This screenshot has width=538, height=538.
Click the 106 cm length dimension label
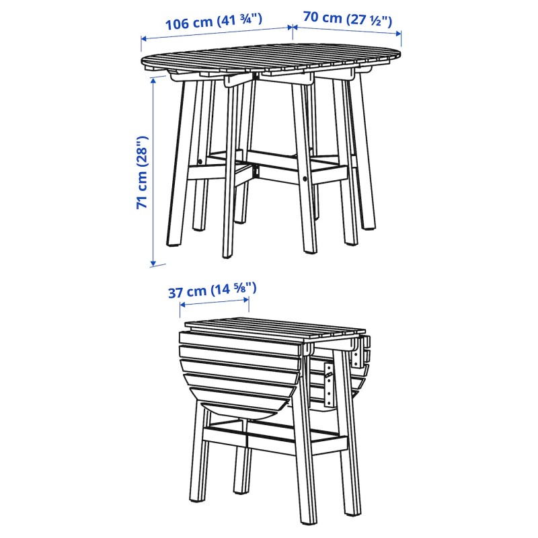[214, 21]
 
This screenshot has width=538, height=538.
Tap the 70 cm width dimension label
[347, 19]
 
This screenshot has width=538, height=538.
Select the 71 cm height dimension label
[142, 172]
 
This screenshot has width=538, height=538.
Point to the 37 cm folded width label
[212, 290]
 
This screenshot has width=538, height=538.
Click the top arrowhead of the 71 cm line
[153, 80]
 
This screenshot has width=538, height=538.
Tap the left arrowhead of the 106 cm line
[144, 38]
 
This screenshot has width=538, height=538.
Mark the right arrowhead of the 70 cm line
[398, 33]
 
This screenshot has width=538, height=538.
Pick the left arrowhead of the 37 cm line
[183, 305]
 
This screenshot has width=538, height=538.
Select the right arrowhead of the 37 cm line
[245, 299]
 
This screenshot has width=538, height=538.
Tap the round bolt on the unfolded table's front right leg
[305, 178]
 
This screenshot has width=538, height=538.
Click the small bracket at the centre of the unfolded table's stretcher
[256, 171]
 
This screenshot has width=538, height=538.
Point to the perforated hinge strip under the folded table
[329, 385]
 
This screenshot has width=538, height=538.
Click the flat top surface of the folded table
[274, 328]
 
